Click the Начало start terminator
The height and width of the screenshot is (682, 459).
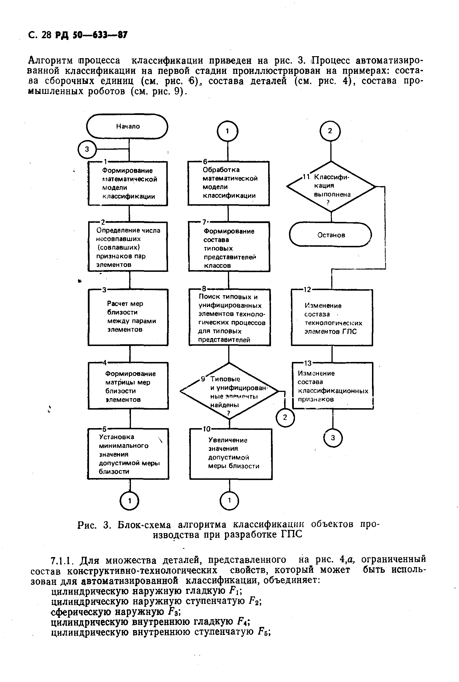click(127, 126)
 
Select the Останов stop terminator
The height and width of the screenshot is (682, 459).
click(331, 235)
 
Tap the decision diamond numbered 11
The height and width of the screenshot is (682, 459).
click(331, 187)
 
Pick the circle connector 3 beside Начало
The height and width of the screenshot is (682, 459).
click(87, 149)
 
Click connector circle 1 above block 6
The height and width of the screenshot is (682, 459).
click(227, 131)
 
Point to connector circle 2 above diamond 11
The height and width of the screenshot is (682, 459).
click(330, 131)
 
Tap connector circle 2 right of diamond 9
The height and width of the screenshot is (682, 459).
click(285, 417)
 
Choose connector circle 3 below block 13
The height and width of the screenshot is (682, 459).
click(333, 438)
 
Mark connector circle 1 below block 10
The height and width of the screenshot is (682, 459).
click(229, 501)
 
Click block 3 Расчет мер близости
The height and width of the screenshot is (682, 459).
click(128, 317)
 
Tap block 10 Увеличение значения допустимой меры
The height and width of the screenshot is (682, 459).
click(231, 454)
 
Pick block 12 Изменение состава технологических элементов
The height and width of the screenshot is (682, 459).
click(332, 318)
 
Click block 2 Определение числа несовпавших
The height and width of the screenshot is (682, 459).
click(128, 247)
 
